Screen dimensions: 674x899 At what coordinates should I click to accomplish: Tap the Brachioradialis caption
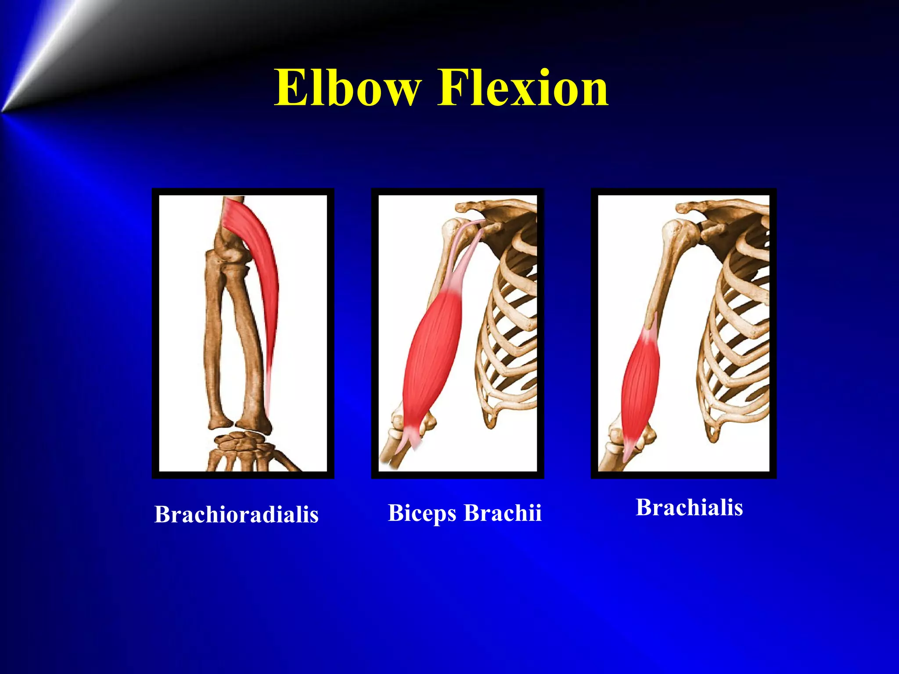pyautogui.click(x=236, y=514)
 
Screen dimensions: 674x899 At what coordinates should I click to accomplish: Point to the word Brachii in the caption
pyautogui.click(x=503, y=513)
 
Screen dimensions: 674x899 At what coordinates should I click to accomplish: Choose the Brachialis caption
pyautogui.click(x=689, y=507)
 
